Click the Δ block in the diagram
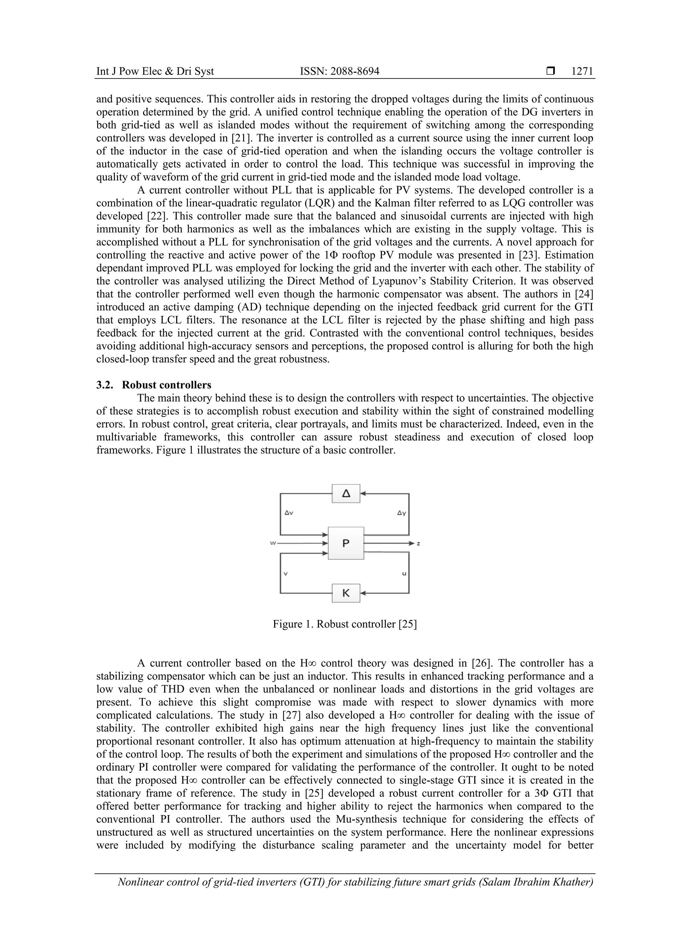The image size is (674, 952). [x=346, y=493]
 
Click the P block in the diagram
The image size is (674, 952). [x=346, y=543]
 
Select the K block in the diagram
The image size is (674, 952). [x=346, y=593]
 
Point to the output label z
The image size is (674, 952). [x=418, y=543]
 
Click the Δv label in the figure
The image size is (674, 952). [x=289, y=513]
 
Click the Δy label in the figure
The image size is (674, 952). [x=401, y=513]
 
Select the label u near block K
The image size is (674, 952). [x=404, y=574]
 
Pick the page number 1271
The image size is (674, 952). [x=582, y=71]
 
